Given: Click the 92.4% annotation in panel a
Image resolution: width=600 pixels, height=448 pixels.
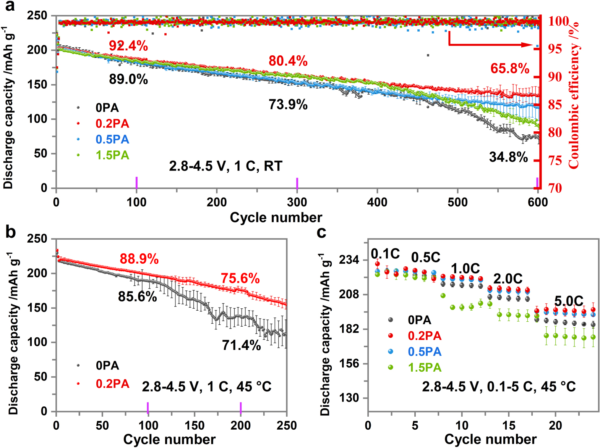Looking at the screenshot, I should [128, 46].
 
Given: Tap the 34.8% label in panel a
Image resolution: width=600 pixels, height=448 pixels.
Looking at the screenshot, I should [508, 157].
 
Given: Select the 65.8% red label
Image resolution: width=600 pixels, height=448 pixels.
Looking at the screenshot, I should [510, 69].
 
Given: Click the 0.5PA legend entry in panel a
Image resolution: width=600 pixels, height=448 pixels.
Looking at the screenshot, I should [112, 139].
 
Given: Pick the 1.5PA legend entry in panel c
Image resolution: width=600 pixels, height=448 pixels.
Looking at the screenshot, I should [424, 367].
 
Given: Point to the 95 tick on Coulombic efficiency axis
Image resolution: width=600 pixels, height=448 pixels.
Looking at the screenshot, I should [555, 49].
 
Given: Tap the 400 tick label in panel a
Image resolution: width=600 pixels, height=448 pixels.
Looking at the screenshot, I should [377, 202].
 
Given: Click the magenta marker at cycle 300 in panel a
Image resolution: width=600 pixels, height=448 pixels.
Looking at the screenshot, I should [297, 183].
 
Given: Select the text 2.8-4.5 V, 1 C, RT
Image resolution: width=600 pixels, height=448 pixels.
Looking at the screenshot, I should [225, 166].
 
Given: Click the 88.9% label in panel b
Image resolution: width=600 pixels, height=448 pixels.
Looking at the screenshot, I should [139, 259].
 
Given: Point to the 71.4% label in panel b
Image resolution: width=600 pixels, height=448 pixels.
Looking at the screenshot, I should [242, 345].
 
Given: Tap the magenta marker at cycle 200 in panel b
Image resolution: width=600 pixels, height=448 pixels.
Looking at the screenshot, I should [241, 407].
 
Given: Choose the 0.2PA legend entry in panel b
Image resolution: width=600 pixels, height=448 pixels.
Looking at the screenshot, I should [112, 384].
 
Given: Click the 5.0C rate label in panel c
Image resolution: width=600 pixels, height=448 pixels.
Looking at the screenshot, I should [569, 301].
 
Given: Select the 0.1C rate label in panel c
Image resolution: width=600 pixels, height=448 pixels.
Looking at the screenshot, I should [385, 254].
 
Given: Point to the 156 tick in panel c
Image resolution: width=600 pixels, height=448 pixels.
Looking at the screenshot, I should [349, 363].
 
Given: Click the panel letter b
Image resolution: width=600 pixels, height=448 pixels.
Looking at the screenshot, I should [10, 232].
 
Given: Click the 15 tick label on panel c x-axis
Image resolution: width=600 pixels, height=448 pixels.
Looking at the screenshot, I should [509, 425].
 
